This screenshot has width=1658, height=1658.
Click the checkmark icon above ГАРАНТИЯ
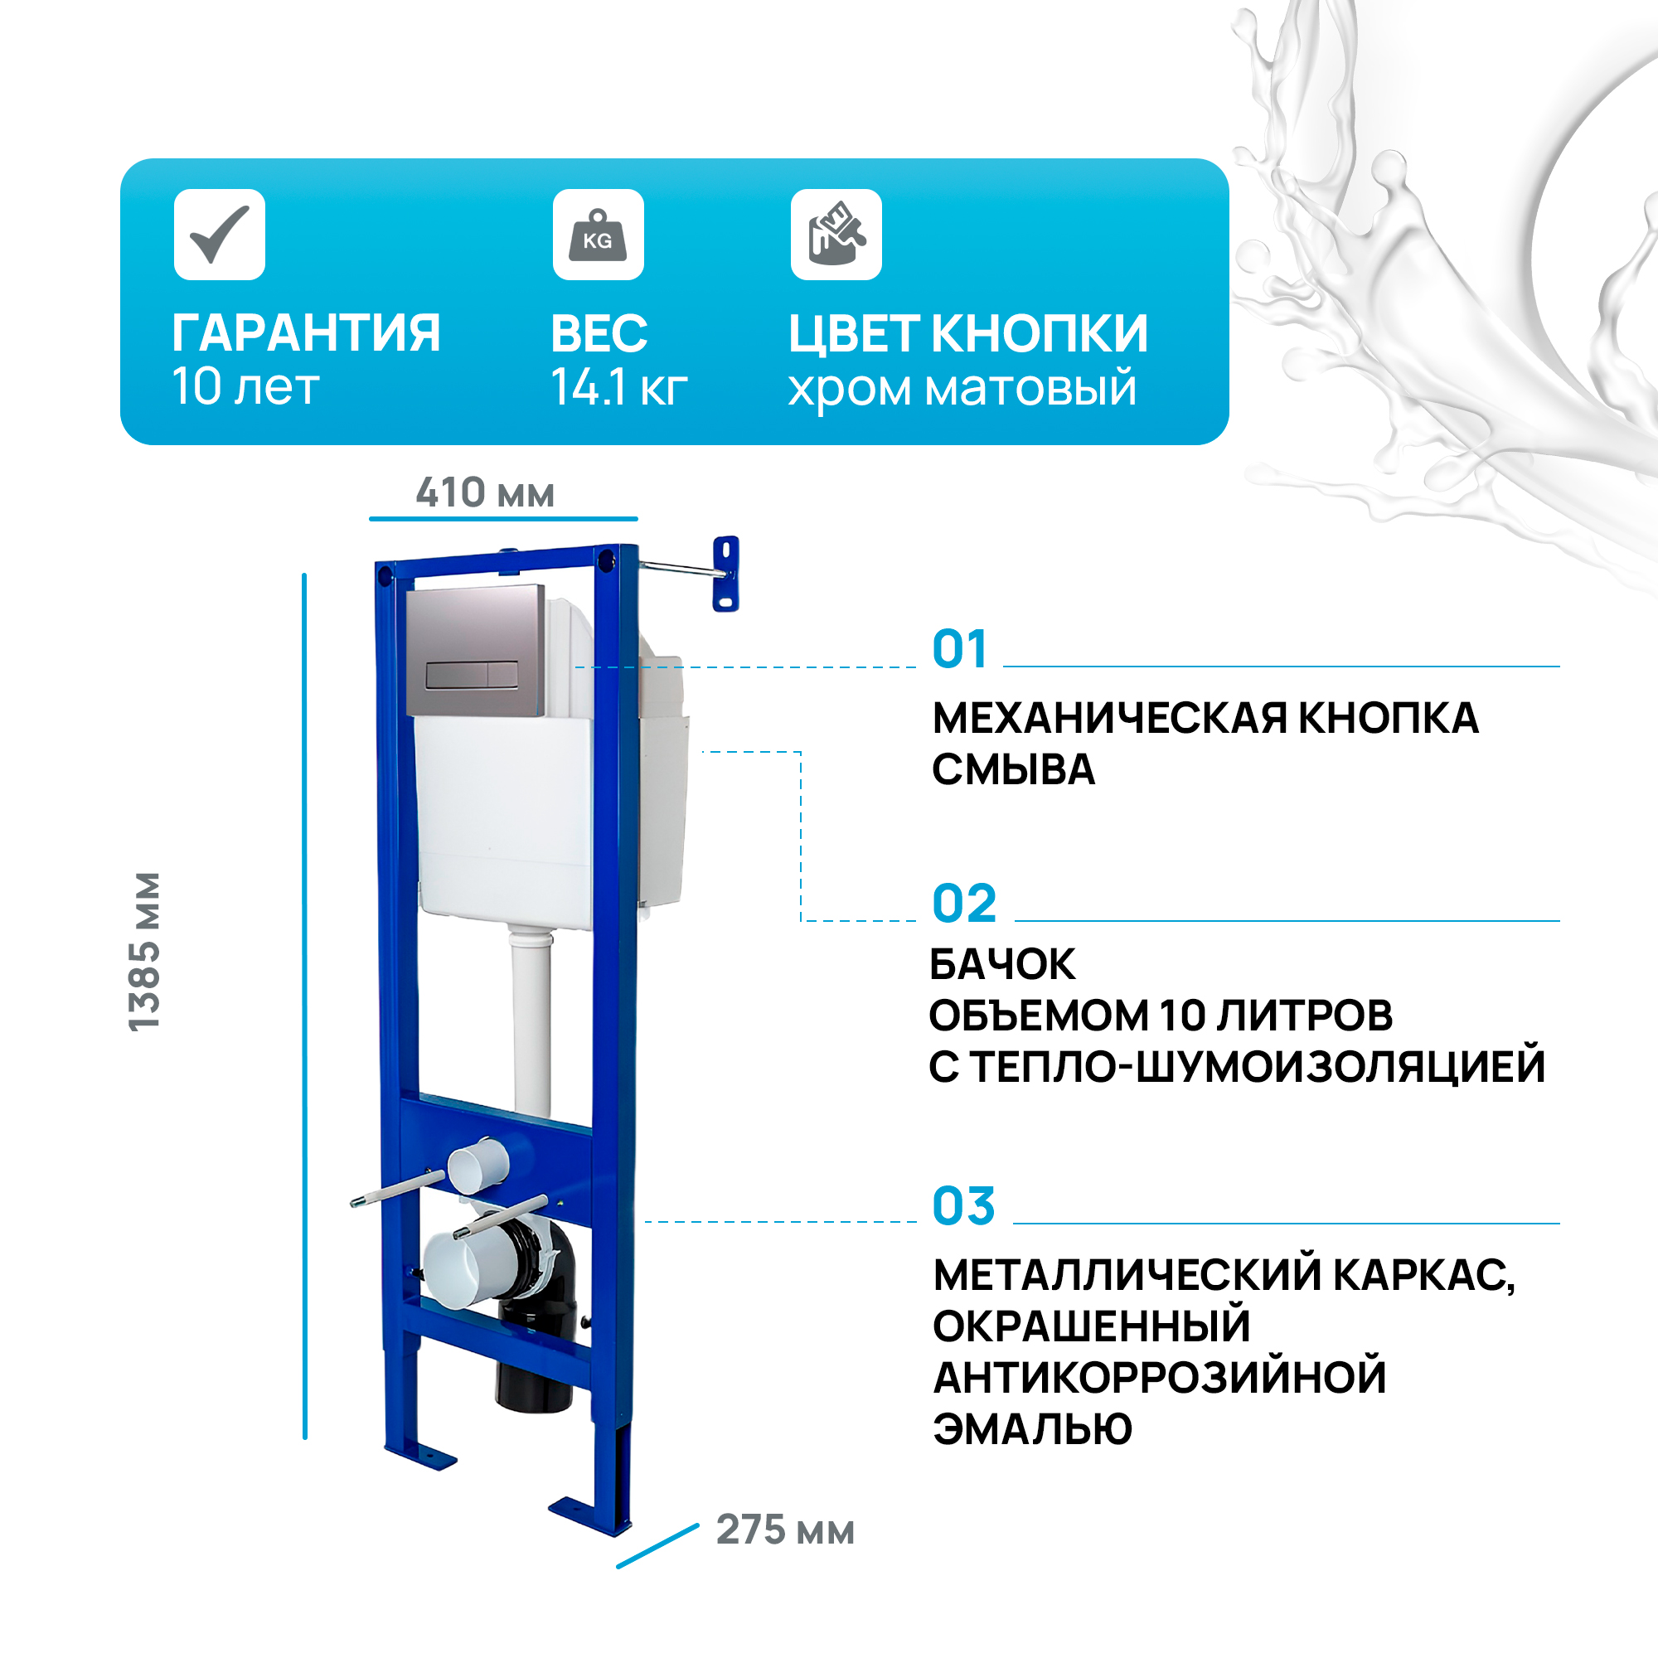220,235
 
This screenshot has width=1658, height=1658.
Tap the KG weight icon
599,235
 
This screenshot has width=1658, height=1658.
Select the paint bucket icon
836,235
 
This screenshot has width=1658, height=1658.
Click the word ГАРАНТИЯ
307,333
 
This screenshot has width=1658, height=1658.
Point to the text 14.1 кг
618,387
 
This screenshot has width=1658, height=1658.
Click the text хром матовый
962,389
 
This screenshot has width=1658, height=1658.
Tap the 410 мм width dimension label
485,492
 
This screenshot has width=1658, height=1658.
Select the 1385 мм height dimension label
143,952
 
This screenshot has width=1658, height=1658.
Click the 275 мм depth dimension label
785,1530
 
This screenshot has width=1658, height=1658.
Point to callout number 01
959,649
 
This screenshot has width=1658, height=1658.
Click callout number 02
965,904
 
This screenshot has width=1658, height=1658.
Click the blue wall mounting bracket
726,574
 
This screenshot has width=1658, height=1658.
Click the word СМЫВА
1014,770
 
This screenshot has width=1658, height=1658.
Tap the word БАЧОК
1002,965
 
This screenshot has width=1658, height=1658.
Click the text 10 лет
245,386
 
